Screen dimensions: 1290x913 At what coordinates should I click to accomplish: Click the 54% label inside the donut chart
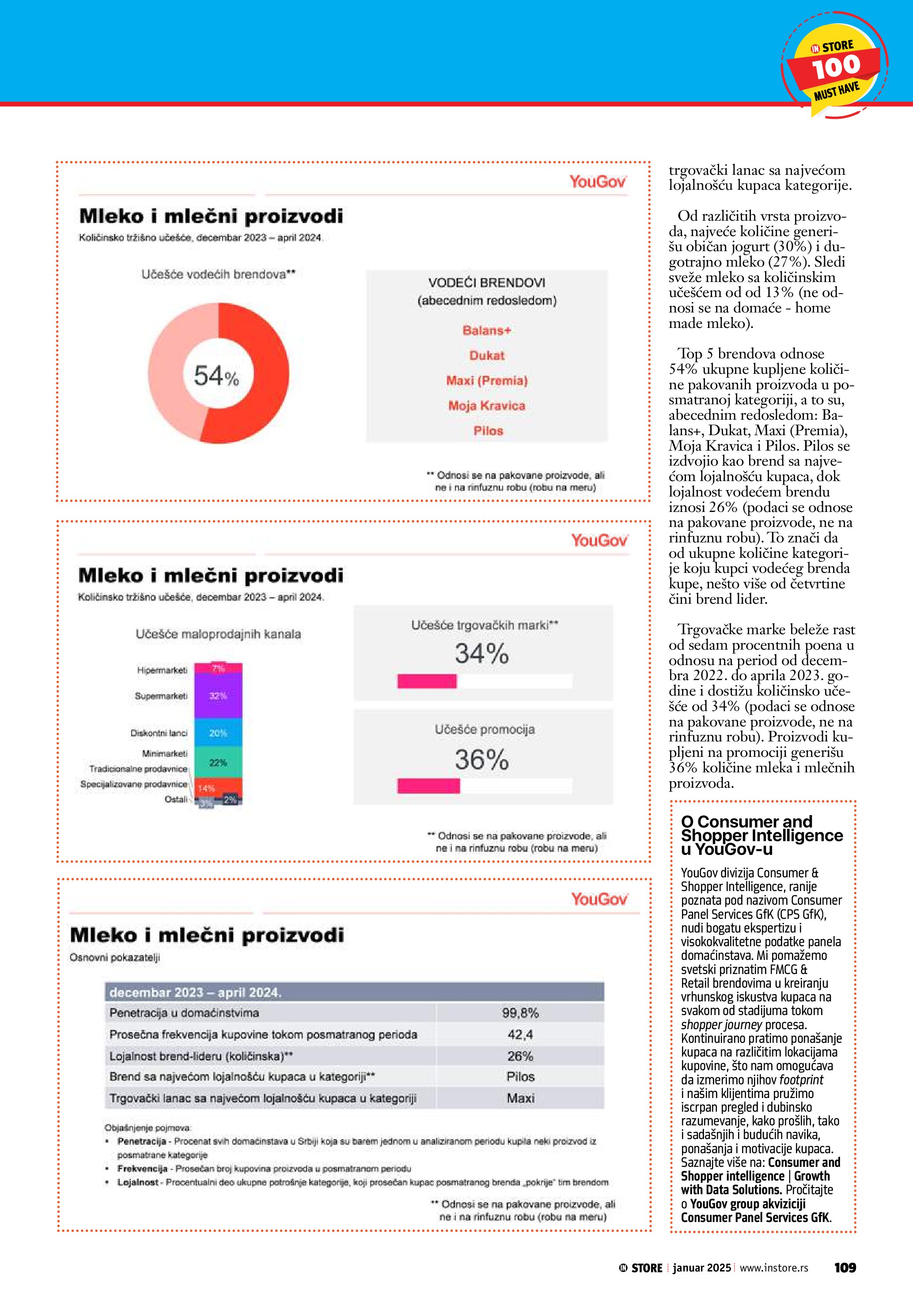[x=216, y=375]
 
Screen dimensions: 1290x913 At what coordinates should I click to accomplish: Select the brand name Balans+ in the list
[x=487, y=331]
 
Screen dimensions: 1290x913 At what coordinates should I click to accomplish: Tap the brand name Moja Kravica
[x=487, y=406]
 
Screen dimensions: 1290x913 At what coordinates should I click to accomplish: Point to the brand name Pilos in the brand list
[x=488, y=431]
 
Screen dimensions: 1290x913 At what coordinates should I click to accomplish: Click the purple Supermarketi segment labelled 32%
[x=218, y=696]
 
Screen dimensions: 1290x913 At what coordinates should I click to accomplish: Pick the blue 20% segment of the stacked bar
[x=218, y=733]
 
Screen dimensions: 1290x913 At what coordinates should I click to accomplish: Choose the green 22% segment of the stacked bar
[x=218, y=763]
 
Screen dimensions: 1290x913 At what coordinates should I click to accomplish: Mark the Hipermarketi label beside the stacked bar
[x=162, y=670]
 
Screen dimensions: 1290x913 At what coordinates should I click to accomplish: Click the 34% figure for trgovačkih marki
[x=482, y=654]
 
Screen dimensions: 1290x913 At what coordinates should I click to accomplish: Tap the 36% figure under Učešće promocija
[x=482, y=760]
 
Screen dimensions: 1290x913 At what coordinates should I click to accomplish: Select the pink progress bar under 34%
[x=427, y=681]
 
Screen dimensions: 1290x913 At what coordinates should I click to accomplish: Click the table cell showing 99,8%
[x=520, y=1013]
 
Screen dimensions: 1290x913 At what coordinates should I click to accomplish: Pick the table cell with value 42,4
[x=520, y=1034]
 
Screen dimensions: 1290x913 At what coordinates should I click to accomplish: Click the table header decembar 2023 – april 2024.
[x=195, y=992]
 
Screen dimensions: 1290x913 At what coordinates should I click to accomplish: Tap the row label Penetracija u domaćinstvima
[x=184, y=1013]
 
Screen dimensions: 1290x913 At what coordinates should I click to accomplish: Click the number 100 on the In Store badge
[x=836, y=67]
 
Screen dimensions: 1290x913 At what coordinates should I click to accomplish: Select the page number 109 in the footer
[x=845, y=1268]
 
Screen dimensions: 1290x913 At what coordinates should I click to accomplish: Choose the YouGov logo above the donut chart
[x=598, y=181]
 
